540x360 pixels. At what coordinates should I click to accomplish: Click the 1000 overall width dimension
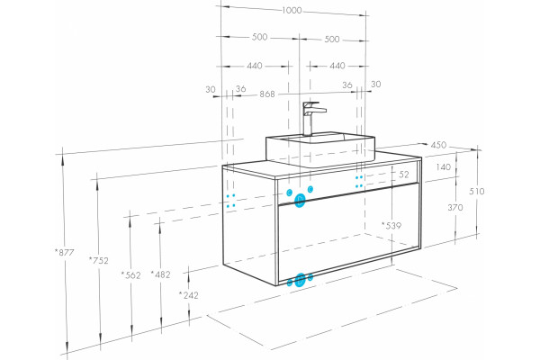click(x=292, y=10)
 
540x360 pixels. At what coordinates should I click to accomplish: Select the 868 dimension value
click(x=267, y=94)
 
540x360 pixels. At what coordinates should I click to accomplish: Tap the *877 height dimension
click(x=65, y=253)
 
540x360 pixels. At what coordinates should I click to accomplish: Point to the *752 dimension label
click(x=99, y=261)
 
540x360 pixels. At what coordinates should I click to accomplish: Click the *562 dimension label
click(x=130, y=275)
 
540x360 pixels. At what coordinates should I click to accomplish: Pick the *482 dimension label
click(x=160, y=274)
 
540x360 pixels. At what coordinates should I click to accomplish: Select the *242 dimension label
click(x=189, y=295)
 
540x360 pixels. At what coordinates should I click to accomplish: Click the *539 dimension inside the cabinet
click(x=391, y=226)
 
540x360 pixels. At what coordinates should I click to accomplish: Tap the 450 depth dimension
click(x=438, y=145)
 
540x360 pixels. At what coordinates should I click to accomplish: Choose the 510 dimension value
click(x=477, y=191)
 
